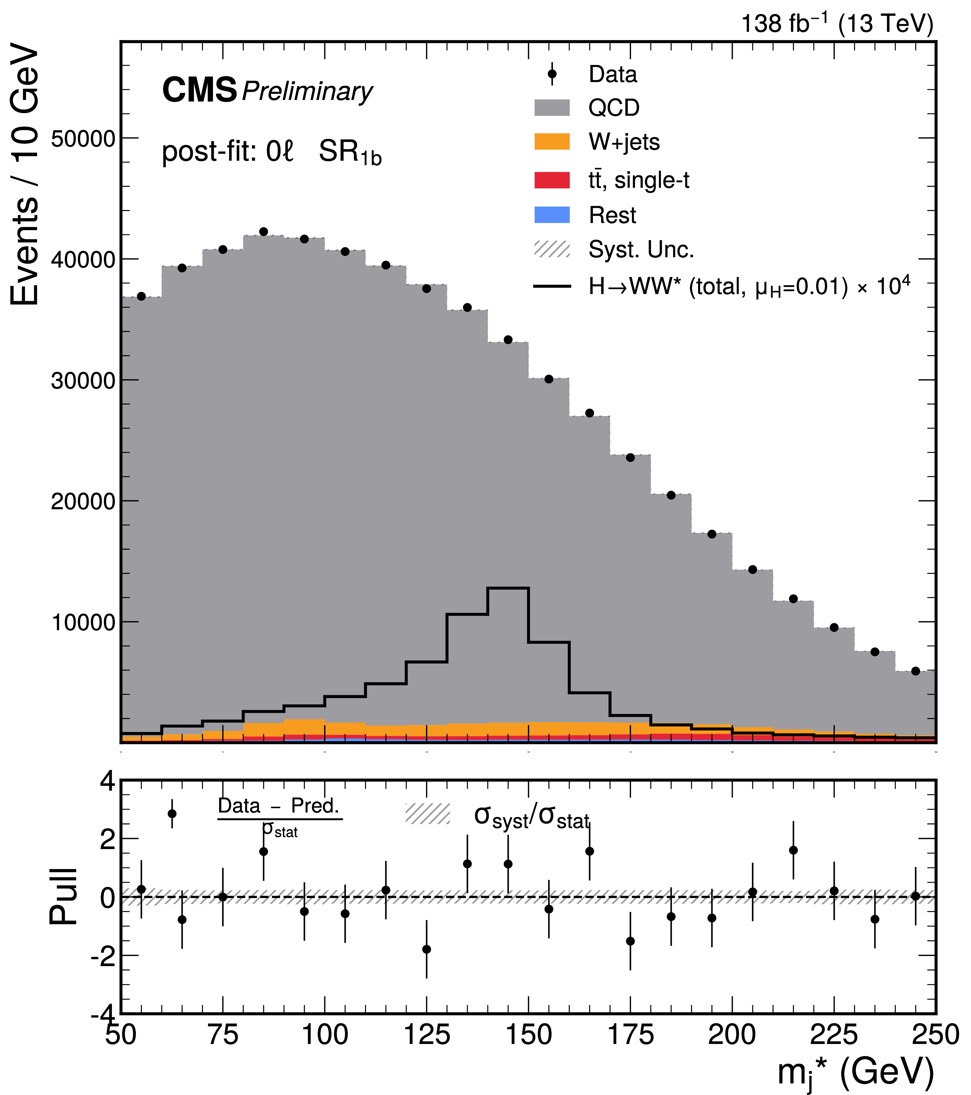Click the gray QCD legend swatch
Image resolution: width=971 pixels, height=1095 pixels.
[552, 108]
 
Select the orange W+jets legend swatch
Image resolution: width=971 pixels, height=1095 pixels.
[552, 142]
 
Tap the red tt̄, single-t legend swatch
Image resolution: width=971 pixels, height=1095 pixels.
[552, 180]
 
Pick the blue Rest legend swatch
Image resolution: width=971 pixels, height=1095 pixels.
[552, 215]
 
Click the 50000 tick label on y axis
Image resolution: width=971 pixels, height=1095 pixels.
[83, 139]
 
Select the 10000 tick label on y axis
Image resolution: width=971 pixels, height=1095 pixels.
[83, 623]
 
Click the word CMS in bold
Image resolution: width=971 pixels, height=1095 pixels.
[199, 90]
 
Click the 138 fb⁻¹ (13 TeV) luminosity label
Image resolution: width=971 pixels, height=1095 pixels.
[837, 24]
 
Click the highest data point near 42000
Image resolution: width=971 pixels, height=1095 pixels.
[263, 231]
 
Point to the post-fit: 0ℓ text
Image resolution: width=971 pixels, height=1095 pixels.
[228, 152]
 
